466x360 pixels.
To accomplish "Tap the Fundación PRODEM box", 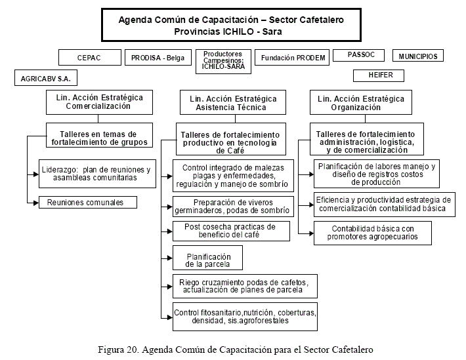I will [x=293, y=58].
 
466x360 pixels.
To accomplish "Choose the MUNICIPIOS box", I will [x=418, y=56].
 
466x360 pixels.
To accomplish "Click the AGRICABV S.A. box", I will [x=46, y=79].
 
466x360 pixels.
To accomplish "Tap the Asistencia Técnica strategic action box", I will [x=233, y=103].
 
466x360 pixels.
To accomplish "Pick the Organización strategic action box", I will [x=360, y=103].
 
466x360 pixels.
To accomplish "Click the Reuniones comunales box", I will [x=87, y=203].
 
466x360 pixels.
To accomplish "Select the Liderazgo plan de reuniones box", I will [x=96, y=173].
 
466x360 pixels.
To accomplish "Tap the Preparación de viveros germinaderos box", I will [x=232, y=206].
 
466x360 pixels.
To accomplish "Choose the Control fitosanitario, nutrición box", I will [x=245, y=317].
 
